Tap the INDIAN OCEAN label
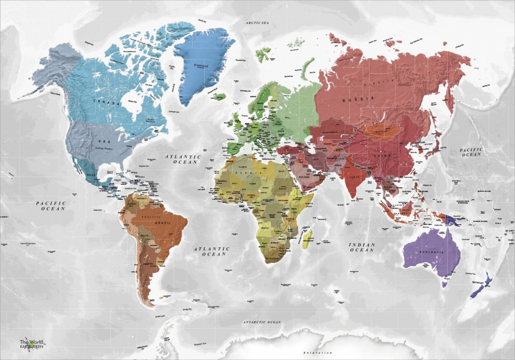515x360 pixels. click(x=363, y=247)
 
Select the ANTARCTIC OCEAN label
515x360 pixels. click(x=262, y=322)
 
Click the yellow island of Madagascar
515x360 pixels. click(x=308, y=240)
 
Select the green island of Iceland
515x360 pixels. click(x=218, y=97)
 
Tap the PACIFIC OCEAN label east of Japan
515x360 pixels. click(x=471, y=152)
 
